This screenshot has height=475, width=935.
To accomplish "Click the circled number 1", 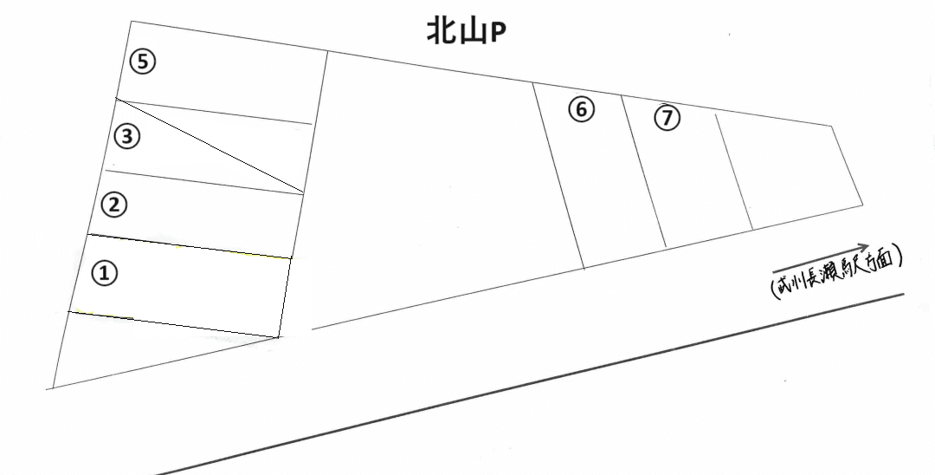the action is click(x=105, y=273).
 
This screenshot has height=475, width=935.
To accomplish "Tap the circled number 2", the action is click(x=114, y=205).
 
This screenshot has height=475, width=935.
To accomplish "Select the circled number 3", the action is click(x=127, y=137).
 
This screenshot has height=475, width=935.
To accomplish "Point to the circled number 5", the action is click(x=143, y=62).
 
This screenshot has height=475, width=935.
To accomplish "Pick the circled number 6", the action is click(x=582, y=109).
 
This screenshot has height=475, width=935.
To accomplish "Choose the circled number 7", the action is click(x=667, y=117).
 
